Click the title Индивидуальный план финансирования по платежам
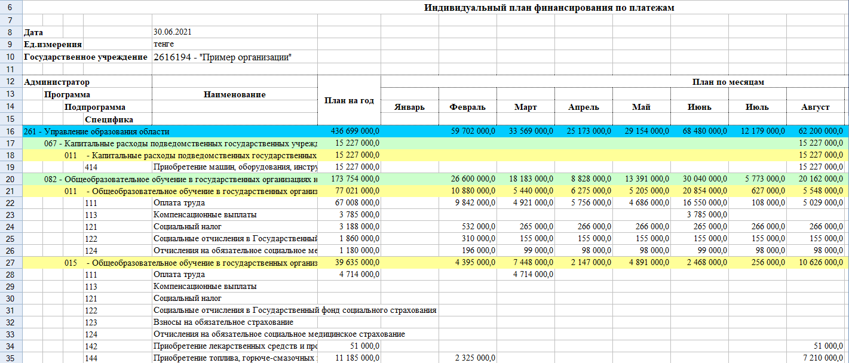coord(549,8)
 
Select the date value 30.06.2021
coord(172,32)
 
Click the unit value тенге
coord(164,44)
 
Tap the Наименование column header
coord(234,94)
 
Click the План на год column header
coord(349,100)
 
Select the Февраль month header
coord(467,107)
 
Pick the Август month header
coord(816,107)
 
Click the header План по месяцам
coord(728,82)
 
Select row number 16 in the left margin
coord(11,131)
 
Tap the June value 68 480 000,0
coord(703,131)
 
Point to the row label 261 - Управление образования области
coord(97,131)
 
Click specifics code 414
coord(91,167)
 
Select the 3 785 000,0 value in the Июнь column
coord(707,214)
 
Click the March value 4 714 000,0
coord(533,274)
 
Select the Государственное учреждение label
coord(85,57)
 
